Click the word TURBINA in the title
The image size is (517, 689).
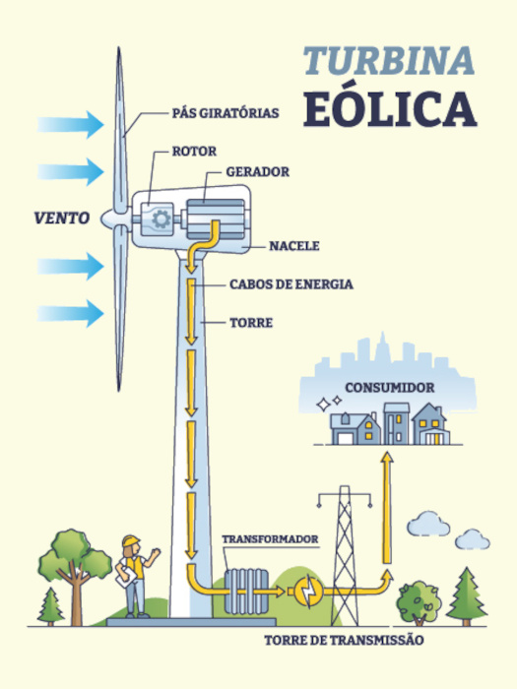point(388,60)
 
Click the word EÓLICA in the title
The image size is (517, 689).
point(390,109)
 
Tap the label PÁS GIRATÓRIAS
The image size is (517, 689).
point(226,112)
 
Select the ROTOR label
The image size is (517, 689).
point(194,152)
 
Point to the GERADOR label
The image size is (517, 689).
point(257,171)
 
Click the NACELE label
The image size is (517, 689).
point(294,245)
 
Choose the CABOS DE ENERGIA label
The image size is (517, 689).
point(291,284)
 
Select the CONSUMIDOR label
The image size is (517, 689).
point(389,388)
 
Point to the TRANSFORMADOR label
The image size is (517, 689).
point(269,539)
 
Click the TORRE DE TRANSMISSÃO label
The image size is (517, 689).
point(344,641)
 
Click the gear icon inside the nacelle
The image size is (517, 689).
point(157,218)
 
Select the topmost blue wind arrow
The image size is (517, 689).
point(71,125)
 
